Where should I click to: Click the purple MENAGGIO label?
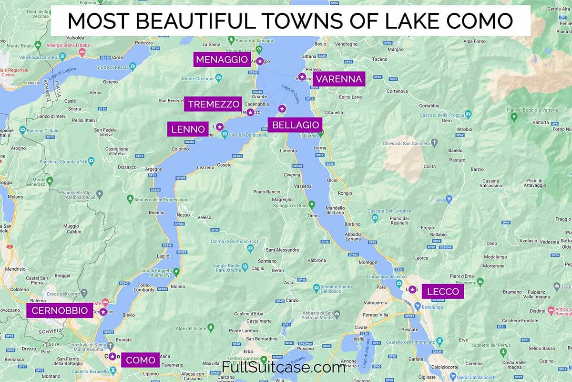223,60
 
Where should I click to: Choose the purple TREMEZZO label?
213,105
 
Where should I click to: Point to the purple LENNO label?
187,129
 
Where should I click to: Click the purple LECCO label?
443,291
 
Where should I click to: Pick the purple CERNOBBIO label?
60,311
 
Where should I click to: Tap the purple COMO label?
141,360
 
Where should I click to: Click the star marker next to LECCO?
412,289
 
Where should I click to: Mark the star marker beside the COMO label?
112,356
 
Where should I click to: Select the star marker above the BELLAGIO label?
282,108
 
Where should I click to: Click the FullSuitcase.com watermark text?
284,368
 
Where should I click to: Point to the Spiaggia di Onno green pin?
312,205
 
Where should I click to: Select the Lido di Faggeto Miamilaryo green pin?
176,272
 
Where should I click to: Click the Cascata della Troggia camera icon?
468,114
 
